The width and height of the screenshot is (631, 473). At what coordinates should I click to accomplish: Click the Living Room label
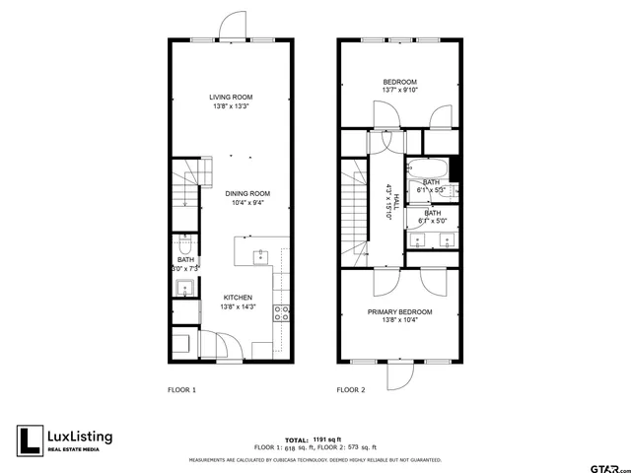(x=231, y=97)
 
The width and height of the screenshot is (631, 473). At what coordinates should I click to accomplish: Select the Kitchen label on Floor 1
(x=238, y=297)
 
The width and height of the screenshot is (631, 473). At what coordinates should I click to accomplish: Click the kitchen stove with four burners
(x=281, y=314)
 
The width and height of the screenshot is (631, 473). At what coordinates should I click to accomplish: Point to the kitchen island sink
(x=260, y=258)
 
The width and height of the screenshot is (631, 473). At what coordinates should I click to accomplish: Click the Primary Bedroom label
(x=400, y=312)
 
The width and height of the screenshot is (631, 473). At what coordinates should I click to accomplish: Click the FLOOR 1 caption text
(x=181, y=390)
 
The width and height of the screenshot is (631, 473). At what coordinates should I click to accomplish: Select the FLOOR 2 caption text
(x=351, y=390)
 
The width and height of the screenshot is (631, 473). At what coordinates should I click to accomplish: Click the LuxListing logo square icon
(x=30, y=440)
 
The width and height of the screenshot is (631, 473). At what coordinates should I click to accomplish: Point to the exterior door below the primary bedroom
(x=401, y=375)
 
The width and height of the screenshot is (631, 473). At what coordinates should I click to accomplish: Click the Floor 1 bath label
(x=185, y=260)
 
